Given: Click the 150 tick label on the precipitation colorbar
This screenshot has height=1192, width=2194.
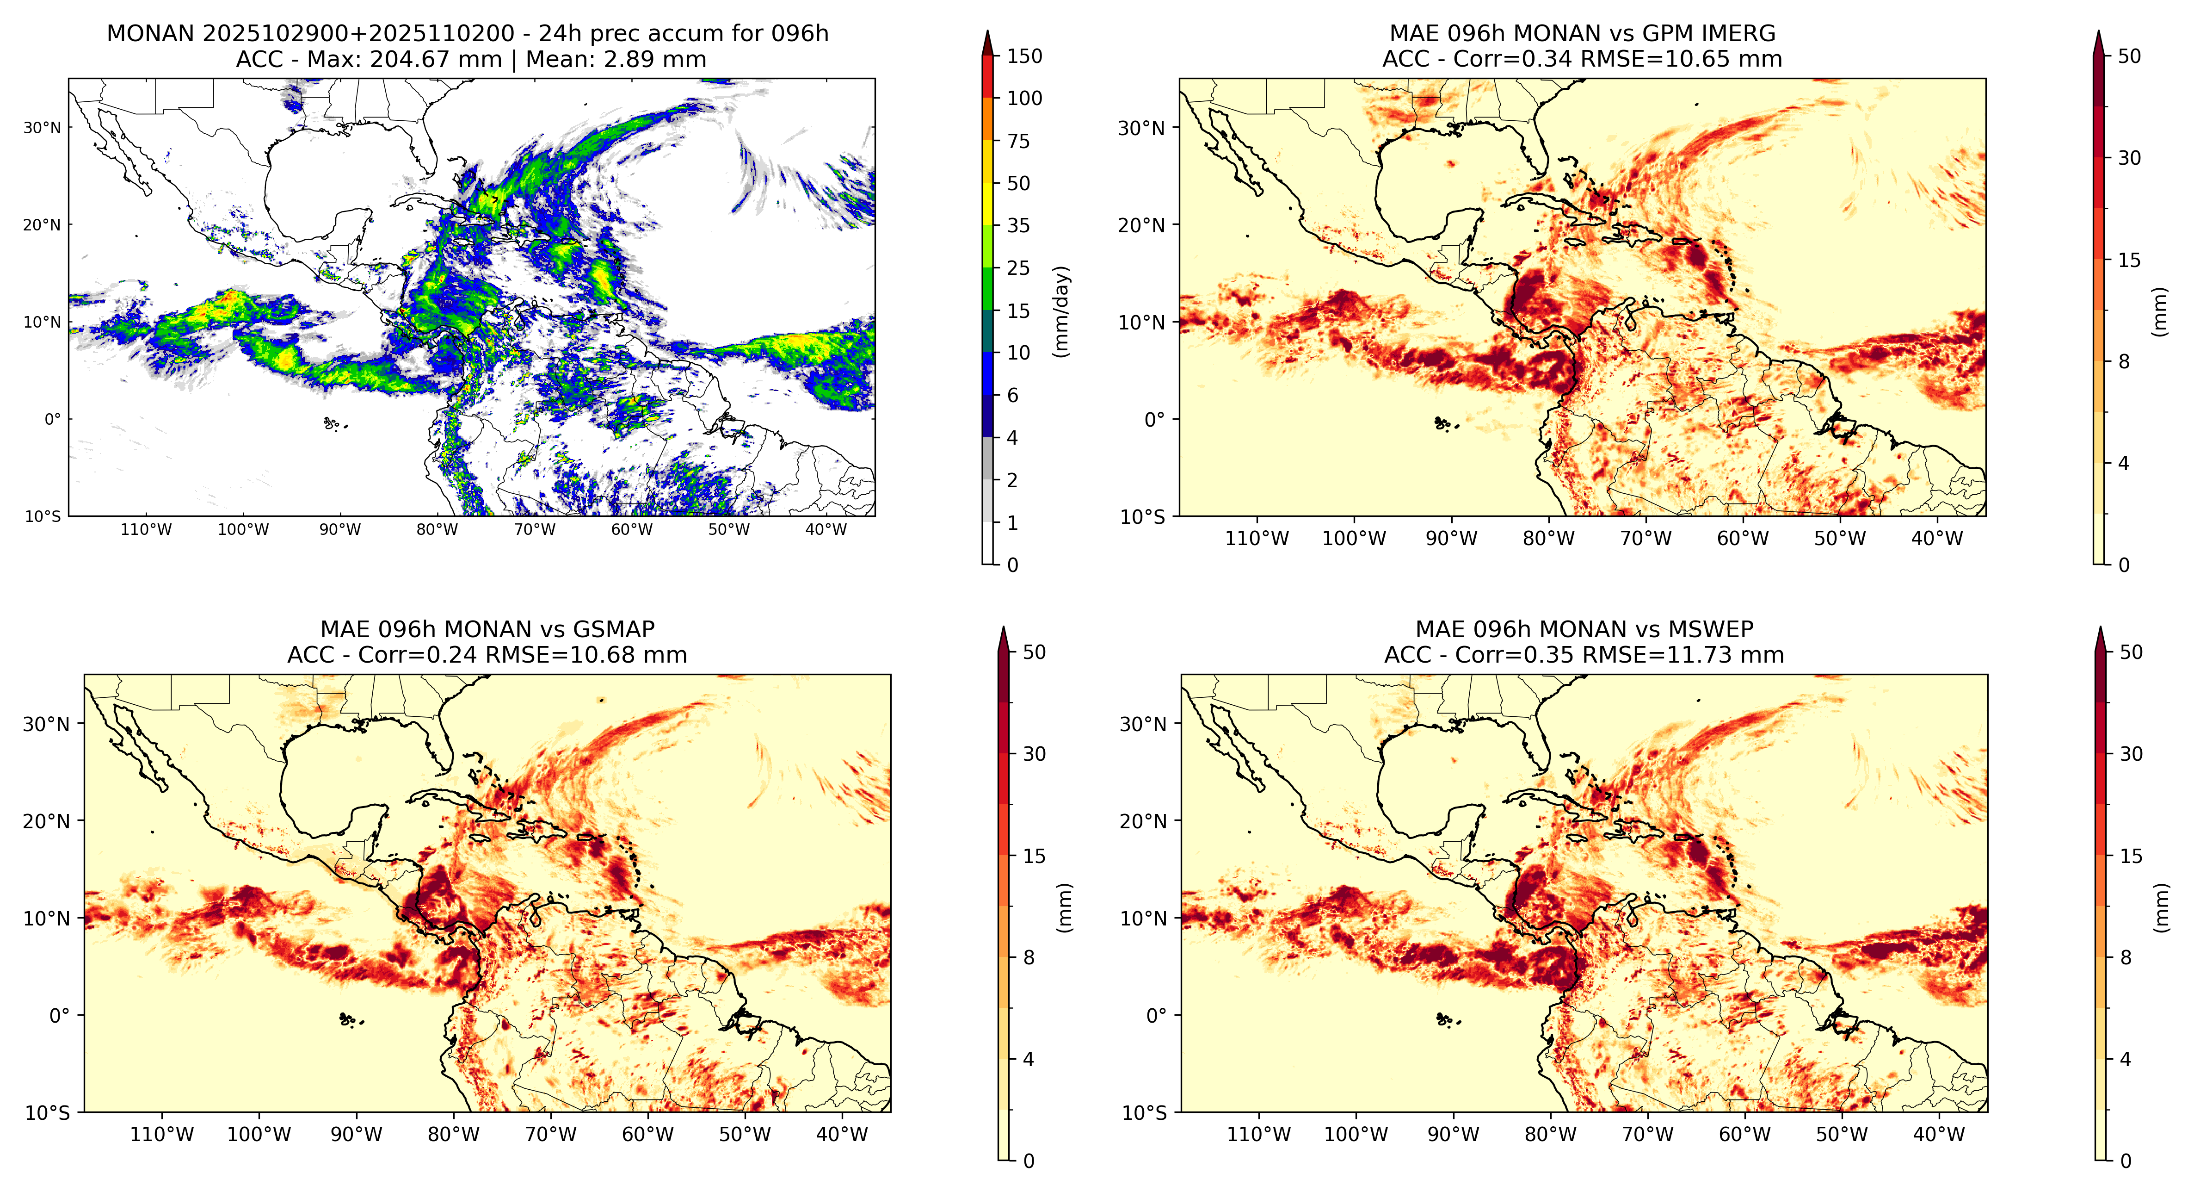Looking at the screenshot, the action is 1024,56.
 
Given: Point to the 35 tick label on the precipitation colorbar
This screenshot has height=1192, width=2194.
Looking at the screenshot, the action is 1019,226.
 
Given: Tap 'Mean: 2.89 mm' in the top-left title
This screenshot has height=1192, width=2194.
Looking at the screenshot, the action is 616,60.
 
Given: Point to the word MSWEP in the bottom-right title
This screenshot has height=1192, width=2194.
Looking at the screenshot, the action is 1712,630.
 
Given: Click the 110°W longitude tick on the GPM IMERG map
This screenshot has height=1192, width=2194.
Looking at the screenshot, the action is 1257,539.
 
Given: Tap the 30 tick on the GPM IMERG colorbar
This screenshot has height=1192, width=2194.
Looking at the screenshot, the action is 2129,158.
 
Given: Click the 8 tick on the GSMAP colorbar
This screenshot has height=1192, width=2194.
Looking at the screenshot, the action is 1029,958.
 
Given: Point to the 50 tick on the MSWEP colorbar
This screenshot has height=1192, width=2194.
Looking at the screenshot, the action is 2131,652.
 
